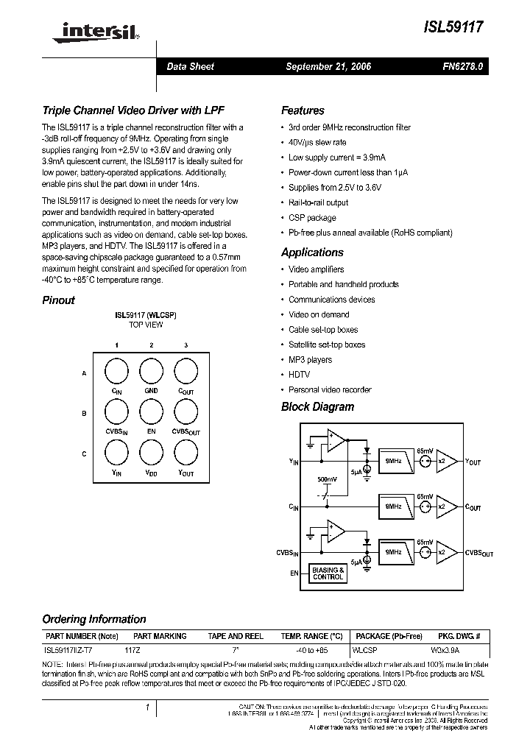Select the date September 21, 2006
pyautogui.click(x=328, y=66)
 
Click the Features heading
pyautogui.click(x=303, y=110)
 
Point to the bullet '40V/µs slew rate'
pyautogui.click(x=317, y=142)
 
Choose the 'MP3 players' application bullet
pyautogui.click(x=310, y=360)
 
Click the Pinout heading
pyautogui.click(x=58, y=300)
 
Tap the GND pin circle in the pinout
pyautogui.click(x=151, y=370)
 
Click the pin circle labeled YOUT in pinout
pyautogui.click(x=185, y=451)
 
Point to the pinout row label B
pyautogui.click(x=85, y=414)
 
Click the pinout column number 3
pyautogui.click(x=185, y=345)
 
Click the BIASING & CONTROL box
pyautogui.click(x=328, y=573)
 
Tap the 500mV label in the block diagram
pyautogui.click(x=328, y=479)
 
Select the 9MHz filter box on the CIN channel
pyautogui.click(x=394, y=506)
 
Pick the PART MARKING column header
pyautogui.click(x=160, y=636)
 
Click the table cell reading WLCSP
pyautogui.click(x=365, y=651)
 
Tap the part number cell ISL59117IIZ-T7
pyautogui.click(x=69, y=651)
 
